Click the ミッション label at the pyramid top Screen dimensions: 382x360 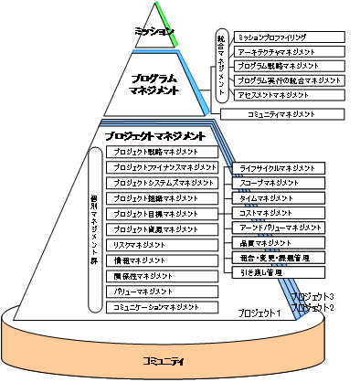(x=153, y=32)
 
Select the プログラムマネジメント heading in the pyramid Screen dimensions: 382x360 (x=153, y=84)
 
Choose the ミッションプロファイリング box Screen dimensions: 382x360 (x=290, y=37)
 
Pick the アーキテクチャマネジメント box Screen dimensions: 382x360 (x=290, y=52)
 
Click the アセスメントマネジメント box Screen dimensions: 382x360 (x=290, y=95)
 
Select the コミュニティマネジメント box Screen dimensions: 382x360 (x=283, y=114)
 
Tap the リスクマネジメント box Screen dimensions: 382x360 (x=162, y=245)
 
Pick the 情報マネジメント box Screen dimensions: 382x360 (x=162, y=260)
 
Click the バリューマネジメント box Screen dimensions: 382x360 (x=162, y=291)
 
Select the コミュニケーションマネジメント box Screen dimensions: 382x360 (x=162, y=306)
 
